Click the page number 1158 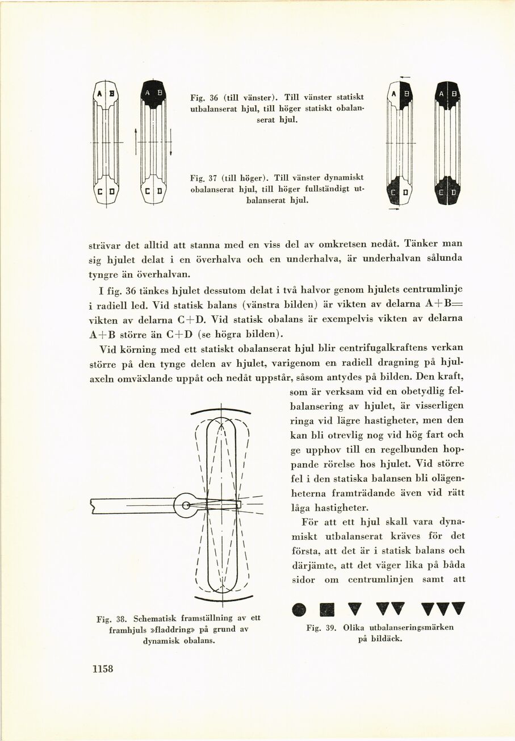(x=103, y=668)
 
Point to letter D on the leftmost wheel (x=112, y=192)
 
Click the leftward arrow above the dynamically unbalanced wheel (x=405, y=77)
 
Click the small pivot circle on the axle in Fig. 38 (x=185, y=504)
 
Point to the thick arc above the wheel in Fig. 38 (x=221, y=410)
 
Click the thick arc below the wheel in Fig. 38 (x=223, y=598)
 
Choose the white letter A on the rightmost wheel (x=441, y=93)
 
